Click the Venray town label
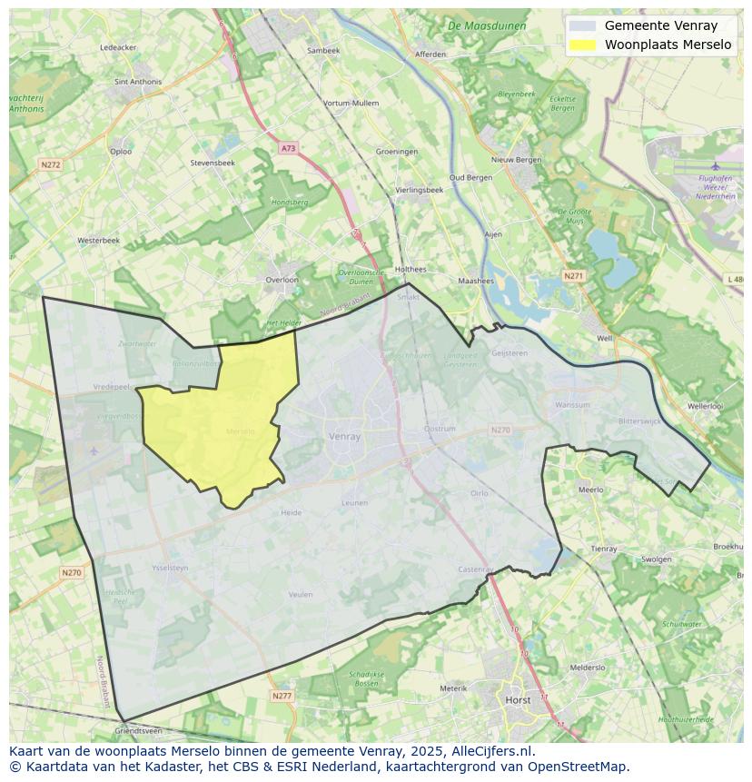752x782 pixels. click(x=345, y=436)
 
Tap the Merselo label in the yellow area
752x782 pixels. click(x=241, y=431)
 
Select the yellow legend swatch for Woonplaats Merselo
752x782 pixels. click(x=583, y=45)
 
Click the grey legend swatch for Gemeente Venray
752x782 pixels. click(x=583, y=26)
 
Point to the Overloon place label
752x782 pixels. click(x=282, y=280)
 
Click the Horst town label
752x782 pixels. click(x=518, y=700)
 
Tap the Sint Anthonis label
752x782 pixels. click(x=138, y=82)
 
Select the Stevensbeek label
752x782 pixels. click(x=213, y=163)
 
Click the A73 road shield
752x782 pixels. click(x=288, y=147)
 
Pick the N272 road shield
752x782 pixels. click(x=50, y=164)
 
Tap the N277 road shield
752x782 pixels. click(x=282, y=696)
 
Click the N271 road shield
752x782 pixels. click(x=573, y=275)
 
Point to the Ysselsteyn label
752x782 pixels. click(x=170, y=569)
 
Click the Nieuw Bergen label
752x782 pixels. click(x=516, y=160)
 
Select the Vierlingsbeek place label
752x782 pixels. click(x=420, y=190)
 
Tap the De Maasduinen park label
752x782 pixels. click(x=487, y=26)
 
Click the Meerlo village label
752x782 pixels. click(x=590, y=490)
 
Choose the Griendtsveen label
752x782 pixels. click(x=139, y=730)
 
